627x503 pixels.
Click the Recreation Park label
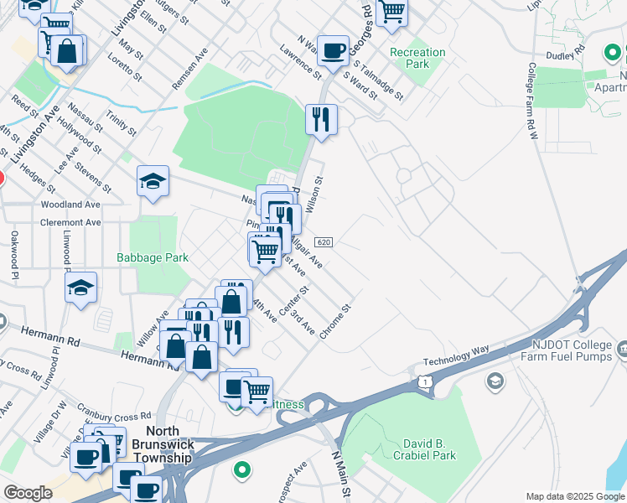pyautogui.click(x=417, y=58)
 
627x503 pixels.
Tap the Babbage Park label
pyautogui.click(x=153, y=258)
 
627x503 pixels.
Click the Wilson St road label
pyautogui.click(x=313, y=195)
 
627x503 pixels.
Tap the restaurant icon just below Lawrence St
pyautogui.click(x=321, y=120)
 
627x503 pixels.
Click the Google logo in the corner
pyautogui.click(x=28, y=493)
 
